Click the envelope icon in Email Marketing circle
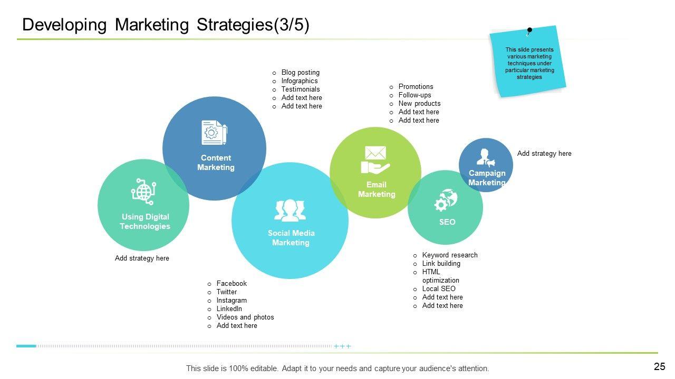(x=375, y=153)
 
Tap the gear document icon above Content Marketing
(x=214, y=133)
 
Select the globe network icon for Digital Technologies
(x=143, y=191)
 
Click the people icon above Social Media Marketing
(x=290, y=211)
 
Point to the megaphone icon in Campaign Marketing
(x=486, y=157)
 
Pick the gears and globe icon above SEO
(x=446, y=200)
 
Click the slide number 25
(x=659, y=367)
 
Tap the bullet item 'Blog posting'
(x=300, y=73)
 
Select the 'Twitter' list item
(x=227, y=292)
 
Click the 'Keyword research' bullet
(x=450, y=255)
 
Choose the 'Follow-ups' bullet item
(x=414, y=95)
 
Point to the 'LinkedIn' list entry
(x=229, y=309)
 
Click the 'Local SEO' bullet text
(x=439, y=289)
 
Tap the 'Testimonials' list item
(x=301, y=89)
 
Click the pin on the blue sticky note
(x=529, y=31)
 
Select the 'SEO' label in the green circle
(x=447, y=222)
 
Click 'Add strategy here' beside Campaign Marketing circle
(x=544, y=154)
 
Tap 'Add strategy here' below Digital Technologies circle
(x=142, y=258)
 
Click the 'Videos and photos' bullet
(x=245, y=317)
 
